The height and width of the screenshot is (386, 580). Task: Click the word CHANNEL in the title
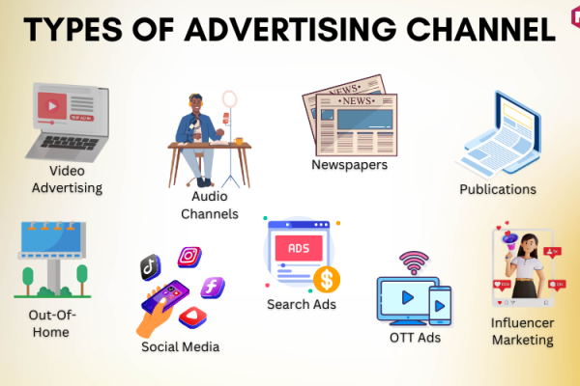pyautogui.click(x=480, y=30)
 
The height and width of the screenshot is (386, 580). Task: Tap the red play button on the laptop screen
pyautogui.click(x=52, y=106)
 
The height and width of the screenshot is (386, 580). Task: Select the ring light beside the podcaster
pyautogui.click(x=230, y=99)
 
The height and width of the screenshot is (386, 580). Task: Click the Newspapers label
pyautogui.click(x=350, y=165)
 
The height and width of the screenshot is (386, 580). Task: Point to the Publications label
pyautogui.click(x=498, y=189)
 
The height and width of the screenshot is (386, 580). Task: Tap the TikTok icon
pyautogui.click(x=150, y=267)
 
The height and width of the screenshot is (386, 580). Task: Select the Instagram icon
pyautogui.click(x=189, y=257)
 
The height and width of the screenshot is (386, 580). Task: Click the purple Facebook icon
pyautogui.click(x=213, y=288)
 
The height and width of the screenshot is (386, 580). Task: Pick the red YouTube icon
pyautogui.click(x=192, y=317)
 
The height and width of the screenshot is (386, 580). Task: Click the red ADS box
pyautogui.click(x=299, y=248)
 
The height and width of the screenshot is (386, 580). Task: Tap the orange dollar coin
pyautogui.click(x=327, y=280)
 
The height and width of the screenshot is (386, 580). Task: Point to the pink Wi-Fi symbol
pyautogui.click(x=414, y=262)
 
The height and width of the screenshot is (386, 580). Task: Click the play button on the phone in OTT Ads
pyautogui.click(x=440, y=306)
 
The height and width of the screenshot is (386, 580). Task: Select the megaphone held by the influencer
pyautogui.click(x=509, y=241)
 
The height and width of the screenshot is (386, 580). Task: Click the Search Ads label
pyautogui.click(x=302, y=304)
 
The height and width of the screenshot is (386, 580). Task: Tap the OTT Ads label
pyautogui.click(x=415, y=338)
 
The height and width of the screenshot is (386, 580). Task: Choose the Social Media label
pyautogui.click(x=181, y=346)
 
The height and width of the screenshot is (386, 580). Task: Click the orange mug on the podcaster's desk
pyautogui.click(x=239, y=141)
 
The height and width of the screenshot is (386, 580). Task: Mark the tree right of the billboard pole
pyautogui.click(x=82, y=279)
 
